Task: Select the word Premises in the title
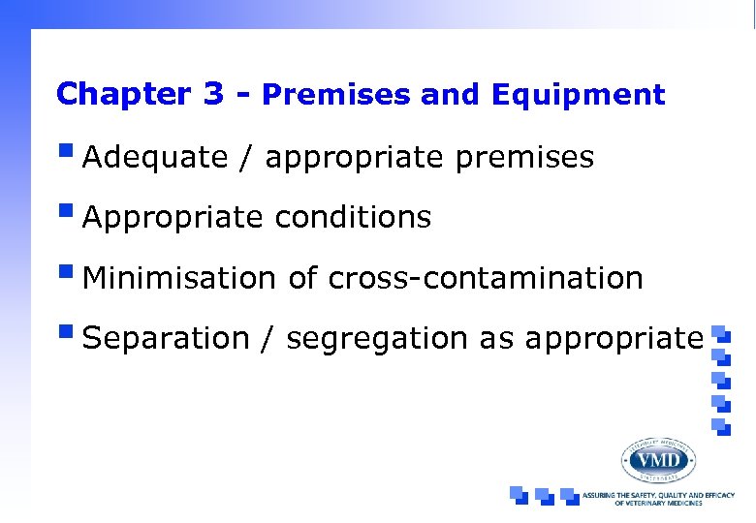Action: click(337, 95)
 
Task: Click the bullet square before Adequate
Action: click(65, 152)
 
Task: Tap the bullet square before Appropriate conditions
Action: click(65, 212)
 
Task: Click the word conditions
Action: click(353, 218)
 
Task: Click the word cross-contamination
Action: click(486, 278)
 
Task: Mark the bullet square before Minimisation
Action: click(65, 272)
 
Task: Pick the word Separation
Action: click(166, 338)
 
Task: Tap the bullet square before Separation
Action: click(65, 332)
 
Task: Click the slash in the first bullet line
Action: click(248, 158)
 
